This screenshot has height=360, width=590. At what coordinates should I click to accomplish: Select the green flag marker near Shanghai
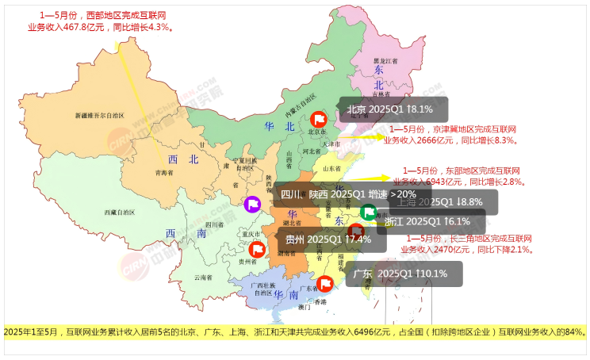[x=368, y=212]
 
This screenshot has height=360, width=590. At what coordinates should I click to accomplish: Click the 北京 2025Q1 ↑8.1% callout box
[x=393, y=109]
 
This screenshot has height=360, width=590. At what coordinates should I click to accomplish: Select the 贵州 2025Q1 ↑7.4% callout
[x=328, y=239]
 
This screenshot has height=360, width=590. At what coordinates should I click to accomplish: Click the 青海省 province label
[x=163, y=172]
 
